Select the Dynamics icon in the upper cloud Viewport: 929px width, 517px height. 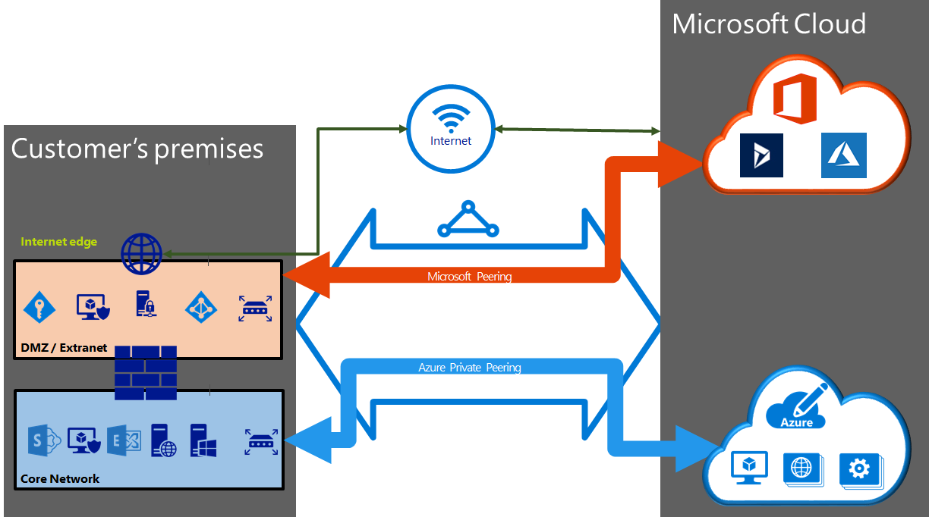coord(761,155)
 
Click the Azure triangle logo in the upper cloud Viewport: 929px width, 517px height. coord(843,155)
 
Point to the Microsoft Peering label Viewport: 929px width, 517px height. coord(469,277)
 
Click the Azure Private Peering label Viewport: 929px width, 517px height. coord(470,368)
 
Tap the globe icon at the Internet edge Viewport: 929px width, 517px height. coord(142,254)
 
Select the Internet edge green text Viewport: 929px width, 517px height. coord(58,242)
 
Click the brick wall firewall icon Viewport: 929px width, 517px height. coord(146,373)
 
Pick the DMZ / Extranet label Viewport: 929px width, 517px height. coord(64,348)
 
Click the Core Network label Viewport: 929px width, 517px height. coord(60,478)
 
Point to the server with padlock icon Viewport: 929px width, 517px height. coord(145,304)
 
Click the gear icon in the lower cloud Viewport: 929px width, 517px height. coord(858,469)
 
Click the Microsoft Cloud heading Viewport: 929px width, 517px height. coord(768,23)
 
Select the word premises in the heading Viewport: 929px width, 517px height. coord(209,148)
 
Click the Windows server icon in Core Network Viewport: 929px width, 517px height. coord(203,440)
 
